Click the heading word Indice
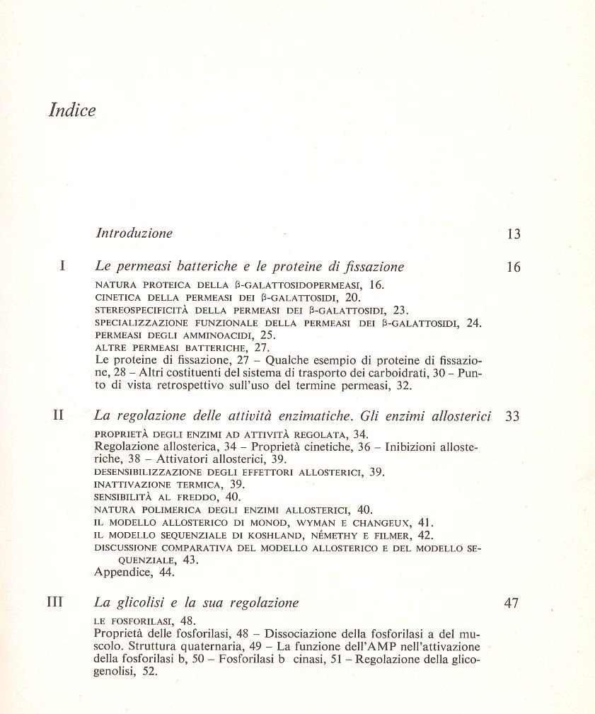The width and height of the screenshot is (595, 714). pyautogui.click(x=71, y=111)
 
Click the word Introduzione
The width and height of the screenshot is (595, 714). pyautogui.click(x=134, y=233)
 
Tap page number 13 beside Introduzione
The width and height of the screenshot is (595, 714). pyautogui.click(x=514, y=234)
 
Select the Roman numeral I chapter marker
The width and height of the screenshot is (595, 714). pyautogui.click(x=63, y=267)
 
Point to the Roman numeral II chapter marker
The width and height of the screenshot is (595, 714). pyautogui.click(x=59, y=416)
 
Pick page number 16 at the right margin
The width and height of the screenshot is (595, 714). pyautogui.click(x=514, y=267)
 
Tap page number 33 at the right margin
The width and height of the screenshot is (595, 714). pyautogui.click(x=513, y=417)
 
